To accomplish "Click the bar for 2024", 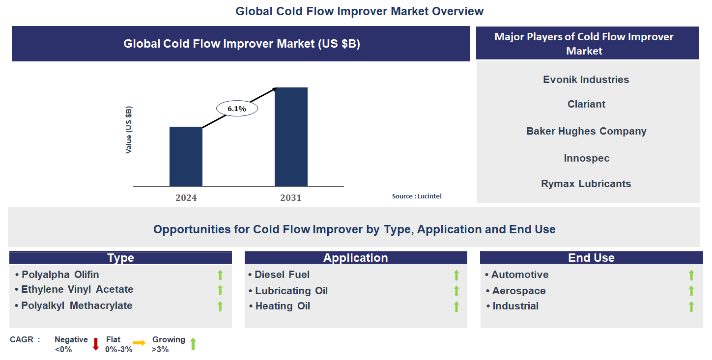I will coord(186,157).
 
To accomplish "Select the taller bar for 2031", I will coord(291,137).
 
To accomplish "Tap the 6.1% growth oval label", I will coord(237,109).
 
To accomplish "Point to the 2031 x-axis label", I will coord(291,198).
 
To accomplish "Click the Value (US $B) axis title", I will coord(129,130).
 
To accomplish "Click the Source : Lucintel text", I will coord(417,196).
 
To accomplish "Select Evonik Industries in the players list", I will coord(586,80).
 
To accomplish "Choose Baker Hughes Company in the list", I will coord(586,131).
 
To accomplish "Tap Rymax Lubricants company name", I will coord(586,184).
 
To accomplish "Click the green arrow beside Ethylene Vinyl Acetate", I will coord(220,290).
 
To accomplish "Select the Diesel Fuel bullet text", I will coord(282,275).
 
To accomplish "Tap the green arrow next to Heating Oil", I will coord(456,306).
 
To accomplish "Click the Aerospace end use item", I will coord(518,291).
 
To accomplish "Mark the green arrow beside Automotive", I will coord(691,275).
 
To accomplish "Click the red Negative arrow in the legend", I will coord(96,344).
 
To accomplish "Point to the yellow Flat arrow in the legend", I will coord(139,343).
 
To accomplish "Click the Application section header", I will coord(355,258).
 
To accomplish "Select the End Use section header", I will coord(591,258).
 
